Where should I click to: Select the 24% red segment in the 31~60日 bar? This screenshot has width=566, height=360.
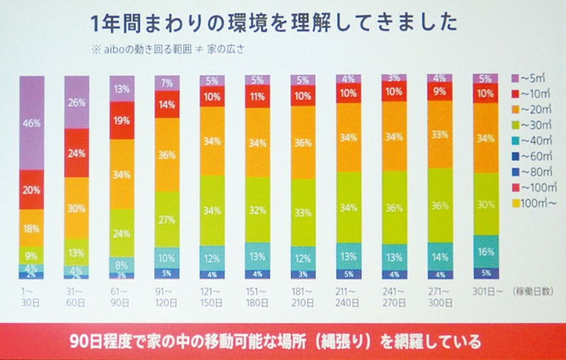76,153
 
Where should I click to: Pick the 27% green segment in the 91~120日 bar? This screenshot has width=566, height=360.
167,219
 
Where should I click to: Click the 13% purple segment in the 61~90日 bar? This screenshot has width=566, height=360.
122,89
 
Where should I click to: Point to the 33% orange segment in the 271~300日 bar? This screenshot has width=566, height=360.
439,134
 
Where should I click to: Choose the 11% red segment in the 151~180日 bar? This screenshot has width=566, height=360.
258,96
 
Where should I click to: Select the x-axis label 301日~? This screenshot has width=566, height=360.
486,291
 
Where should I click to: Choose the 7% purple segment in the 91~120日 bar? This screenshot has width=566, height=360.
167,83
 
